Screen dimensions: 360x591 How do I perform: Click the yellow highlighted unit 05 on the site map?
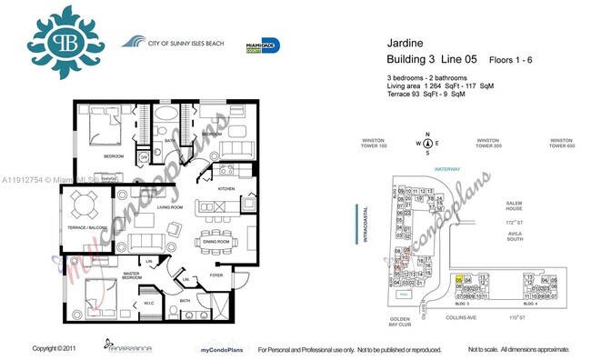pos(460,280)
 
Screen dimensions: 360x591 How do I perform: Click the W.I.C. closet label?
pos(149,292)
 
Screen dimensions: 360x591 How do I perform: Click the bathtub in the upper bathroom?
pos(166,115)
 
